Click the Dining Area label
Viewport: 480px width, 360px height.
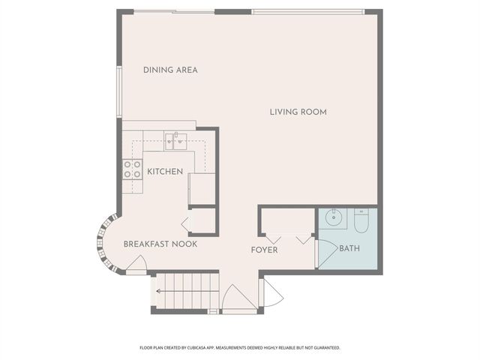(x=170, y=70)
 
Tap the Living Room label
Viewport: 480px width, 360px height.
(x=298, y=112)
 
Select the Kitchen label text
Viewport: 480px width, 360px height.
(x=165, y=172)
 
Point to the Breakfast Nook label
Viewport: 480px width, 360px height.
(x=160, y=244)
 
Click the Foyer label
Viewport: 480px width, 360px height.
(x=264, y=250)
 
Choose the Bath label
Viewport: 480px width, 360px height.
(x=349, y=248)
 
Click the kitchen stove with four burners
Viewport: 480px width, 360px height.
(x=133, y=169)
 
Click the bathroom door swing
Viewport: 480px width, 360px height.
(x=325, y=251)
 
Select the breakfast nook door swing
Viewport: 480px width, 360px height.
(x=137, y=265)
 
